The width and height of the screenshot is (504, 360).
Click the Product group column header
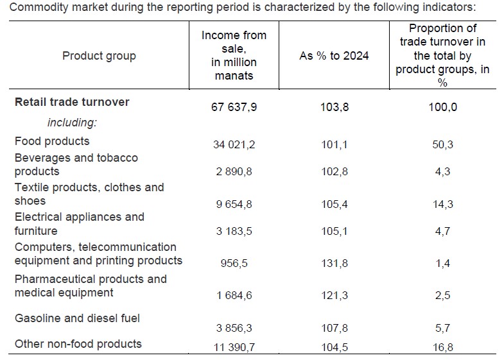pyautogui.click(x=99, y=56)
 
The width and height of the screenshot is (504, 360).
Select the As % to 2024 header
pyautogui.click(x=334, y=56)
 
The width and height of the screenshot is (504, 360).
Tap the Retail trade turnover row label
pyautogui.click(x=72, y=102)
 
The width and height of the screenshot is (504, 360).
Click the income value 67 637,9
pyautogui.click(x=234, y=107)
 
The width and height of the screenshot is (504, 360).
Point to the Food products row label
pyautogui.click(x=52, y=141)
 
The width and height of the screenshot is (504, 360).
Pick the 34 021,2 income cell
pyautogui.click(x=234, y=145)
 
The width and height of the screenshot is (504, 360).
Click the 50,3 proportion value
pyautogui.click(x=442, y=145)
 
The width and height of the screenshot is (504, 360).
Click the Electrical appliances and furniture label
pyautogui.click(x=79, y=224)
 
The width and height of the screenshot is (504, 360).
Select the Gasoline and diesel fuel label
pyautogui.click(x=77, y=318)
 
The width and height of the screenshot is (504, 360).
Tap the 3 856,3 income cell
pyautogui.click(x=234, y=328)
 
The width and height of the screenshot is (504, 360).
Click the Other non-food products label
pyautogui.click(x=78, y=344)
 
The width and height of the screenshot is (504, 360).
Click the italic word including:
pyautogui.click(x=71, y=123)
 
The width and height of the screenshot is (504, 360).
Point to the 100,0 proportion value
pyautogui.click(x=442, y=107)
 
